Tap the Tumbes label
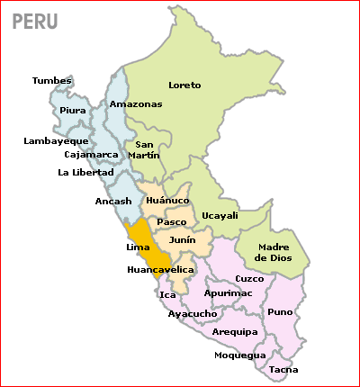click(x=52, y=81)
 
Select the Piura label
click(x=73, y=111)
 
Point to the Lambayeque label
click(x=56, y=140)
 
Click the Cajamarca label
click(x=91, y=154)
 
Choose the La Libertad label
click(x=85, y=172)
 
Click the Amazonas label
click(x=136, y=104)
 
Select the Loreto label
click(x=184, y=85)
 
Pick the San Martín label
click(x=148, y=149)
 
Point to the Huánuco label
click(x=166, y=201)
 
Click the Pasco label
click(x=171, y=221)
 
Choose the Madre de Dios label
click(x=274, y=253)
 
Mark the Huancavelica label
click(x=161, y=269)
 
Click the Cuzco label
click(x=249, y=278)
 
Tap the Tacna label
click(x=283, y=369)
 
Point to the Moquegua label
click(x=240, y=355)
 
